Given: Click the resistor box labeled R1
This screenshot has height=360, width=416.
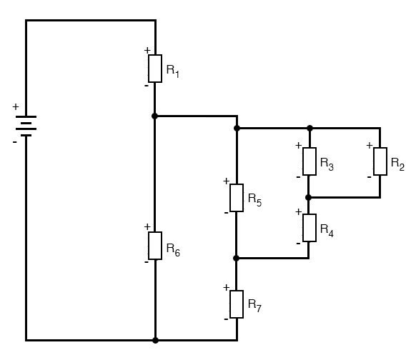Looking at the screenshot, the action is click(x=155, y=69).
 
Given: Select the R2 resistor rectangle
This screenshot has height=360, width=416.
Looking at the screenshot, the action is click(x=380, y=161).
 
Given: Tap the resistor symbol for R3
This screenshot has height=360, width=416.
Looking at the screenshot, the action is click(x=309, y=161).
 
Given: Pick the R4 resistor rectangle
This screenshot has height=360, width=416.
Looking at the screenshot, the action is click(x=309, y=228).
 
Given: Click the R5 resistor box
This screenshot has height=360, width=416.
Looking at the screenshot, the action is click(x=237, y=198).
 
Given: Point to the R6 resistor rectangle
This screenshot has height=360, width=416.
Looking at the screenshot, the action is click(x=155, y=246).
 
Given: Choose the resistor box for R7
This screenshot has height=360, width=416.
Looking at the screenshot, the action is click(x=237, y=304).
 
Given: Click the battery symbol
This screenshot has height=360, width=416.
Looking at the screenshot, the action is click(x=26, y=126).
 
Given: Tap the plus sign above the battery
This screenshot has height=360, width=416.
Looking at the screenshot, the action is click(x=16, y=107).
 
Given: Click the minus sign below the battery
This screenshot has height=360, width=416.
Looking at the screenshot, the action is click(x=14, y=142).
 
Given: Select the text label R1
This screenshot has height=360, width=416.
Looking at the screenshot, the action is click(x=173, y=71).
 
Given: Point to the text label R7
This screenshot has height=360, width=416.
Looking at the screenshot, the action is click(x=254, y=306).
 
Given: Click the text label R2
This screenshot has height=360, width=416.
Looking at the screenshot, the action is click(x=397, y=164).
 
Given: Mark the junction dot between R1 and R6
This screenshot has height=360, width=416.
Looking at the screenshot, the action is click(x=154, y=116).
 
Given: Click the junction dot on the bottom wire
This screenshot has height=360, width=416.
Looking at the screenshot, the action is click(x=156, y=340).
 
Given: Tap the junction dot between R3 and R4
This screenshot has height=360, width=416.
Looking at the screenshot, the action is click(x=308, y=197).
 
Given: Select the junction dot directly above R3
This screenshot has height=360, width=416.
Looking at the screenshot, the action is click(x=309, y=129).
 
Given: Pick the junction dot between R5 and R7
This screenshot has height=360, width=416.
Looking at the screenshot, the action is click(x=236, y=258).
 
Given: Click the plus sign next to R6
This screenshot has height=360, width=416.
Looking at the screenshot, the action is click(x=147, y=226).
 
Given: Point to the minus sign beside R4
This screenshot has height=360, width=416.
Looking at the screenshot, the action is click(x=298, y=244).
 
